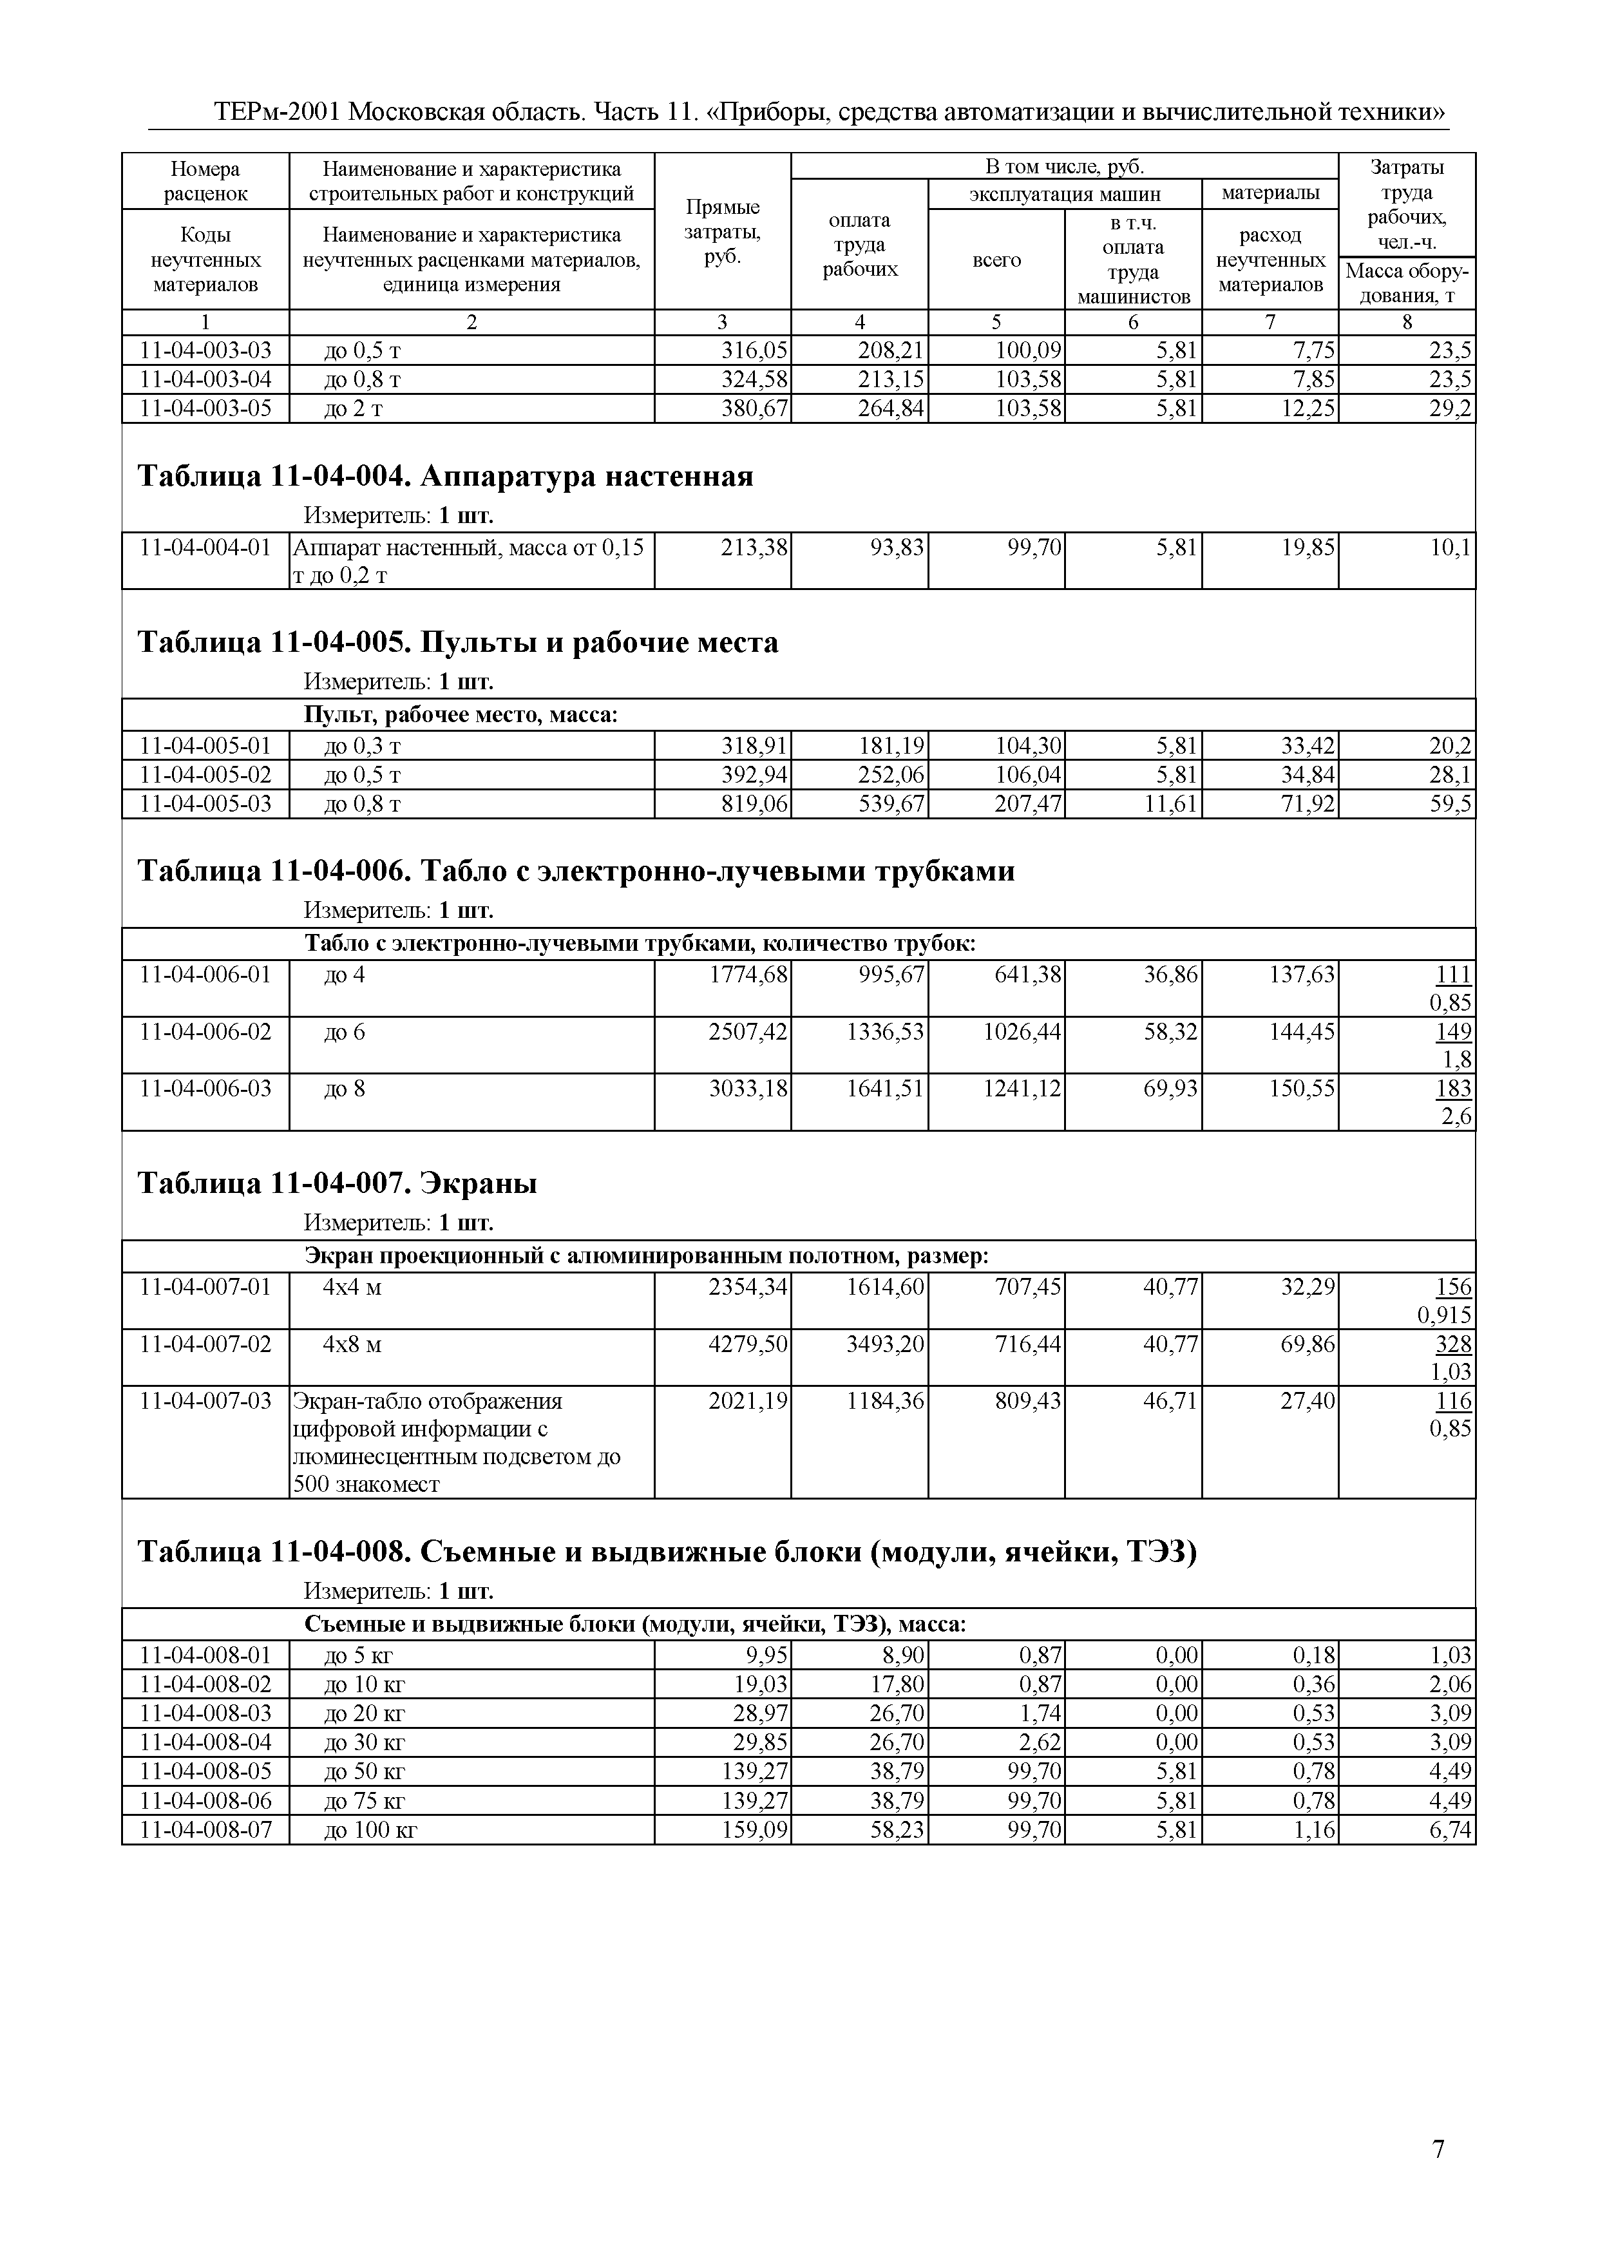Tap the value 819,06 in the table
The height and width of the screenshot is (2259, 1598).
(x=755, y=804)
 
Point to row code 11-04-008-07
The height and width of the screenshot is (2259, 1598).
(x=205, y=1830)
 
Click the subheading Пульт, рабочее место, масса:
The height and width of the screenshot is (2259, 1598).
(x=461, y=714)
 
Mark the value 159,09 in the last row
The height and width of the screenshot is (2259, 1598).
(x=755, y=1830)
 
